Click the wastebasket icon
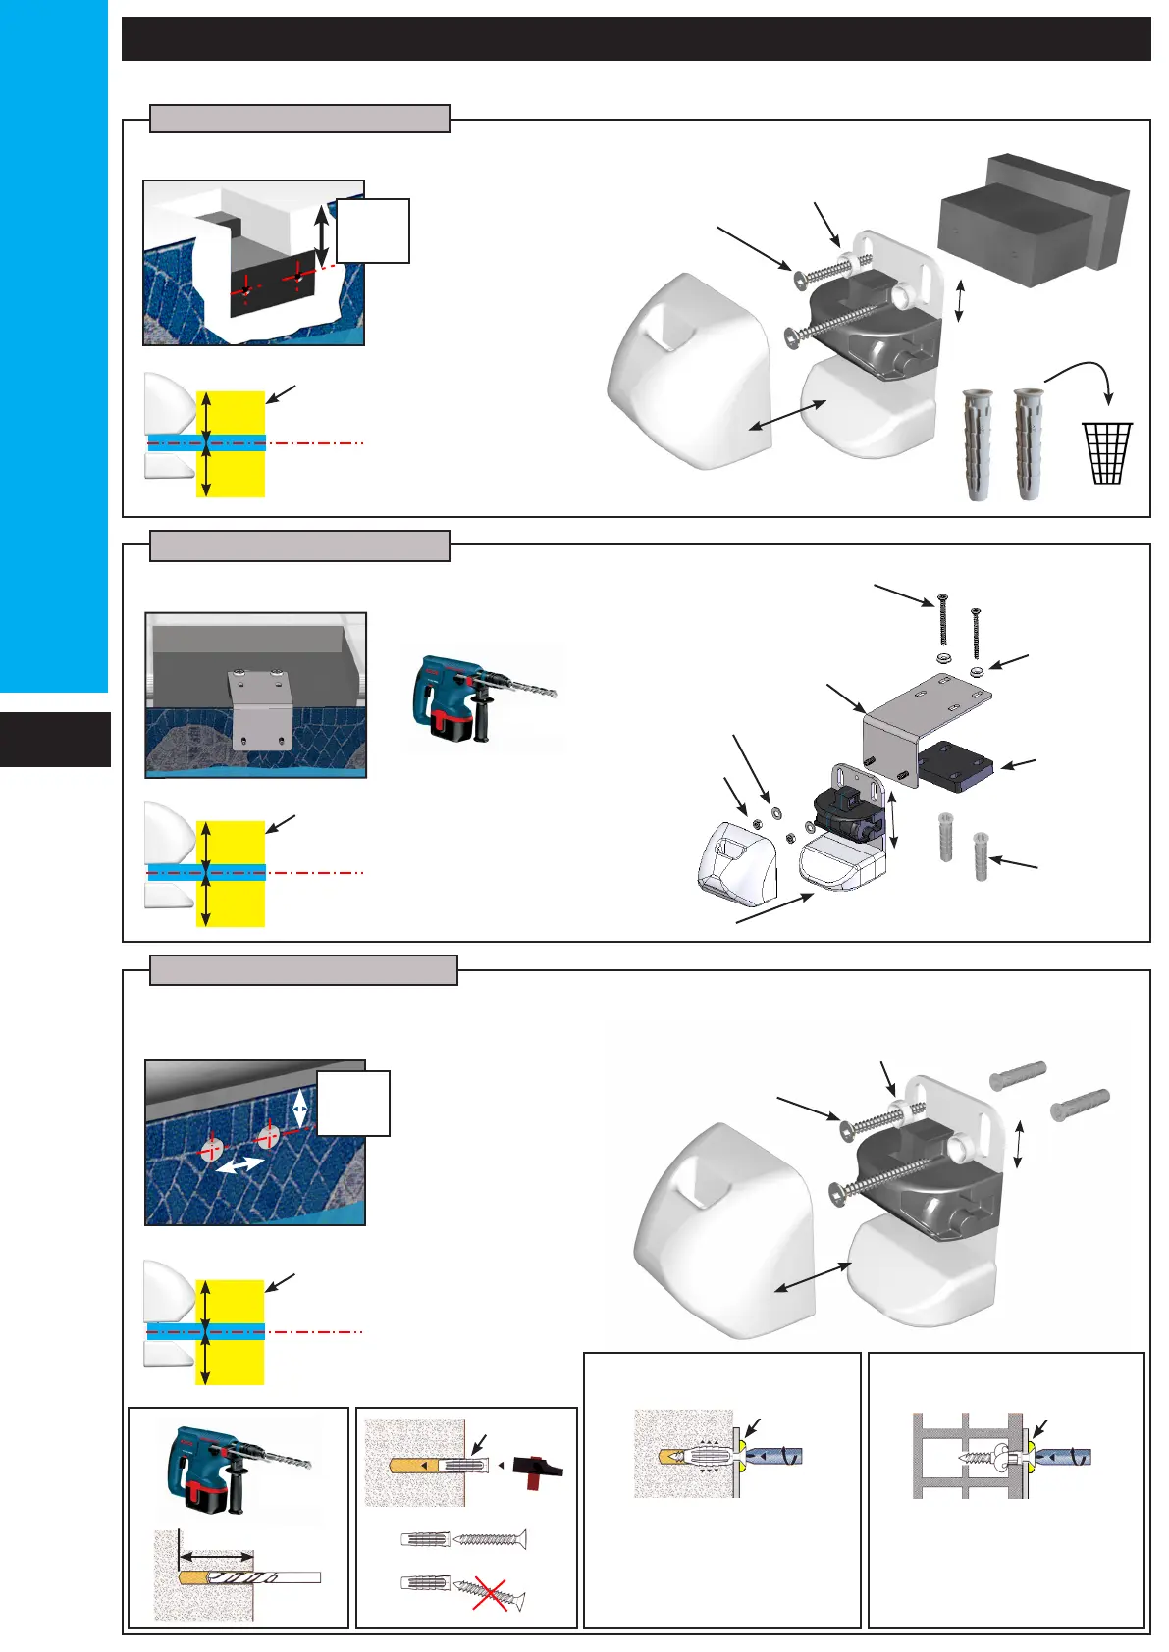click(x=1107, y=452)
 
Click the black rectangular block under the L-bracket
click(x=955, y=766)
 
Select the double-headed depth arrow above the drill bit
click(x=216, y=1555)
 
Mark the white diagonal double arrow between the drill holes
click(x=239, y=1164)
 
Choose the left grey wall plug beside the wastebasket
click(x=978, y=444)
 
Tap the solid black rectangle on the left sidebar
click(x=55, y=739)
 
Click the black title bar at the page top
click(x=635, y=39)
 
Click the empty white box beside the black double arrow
click(x=373, y=231)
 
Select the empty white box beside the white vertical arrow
click(x=353, y=1104)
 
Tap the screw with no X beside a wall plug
click(x=492, y=1539)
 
